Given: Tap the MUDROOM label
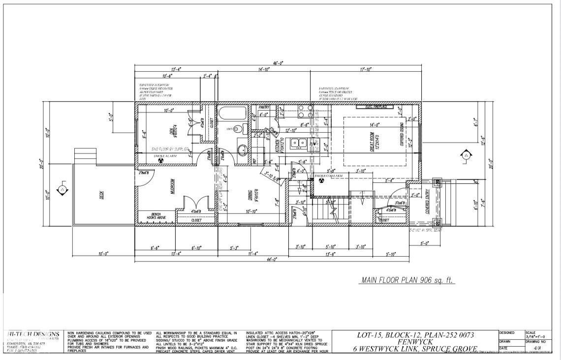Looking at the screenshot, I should click(x=173, y=187).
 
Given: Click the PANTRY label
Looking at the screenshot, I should click(x=264, y=106).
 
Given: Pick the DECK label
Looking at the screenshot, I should click(x=101, y=195).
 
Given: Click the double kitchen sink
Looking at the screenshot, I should click(x=298, y=144).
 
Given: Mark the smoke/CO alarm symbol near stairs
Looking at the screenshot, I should click(x=321, y=180).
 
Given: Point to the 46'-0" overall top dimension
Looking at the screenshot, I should click(x=279, y=63).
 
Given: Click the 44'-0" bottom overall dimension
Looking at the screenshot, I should click(x=272, y=259).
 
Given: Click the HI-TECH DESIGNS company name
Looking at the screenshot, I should click(x=34, y=334).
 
